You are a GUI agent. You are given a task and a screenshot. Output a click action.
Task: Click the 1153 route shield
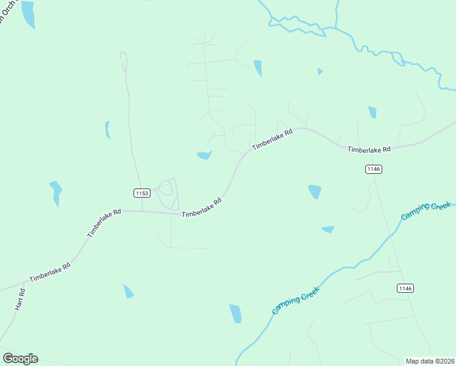point(141,193)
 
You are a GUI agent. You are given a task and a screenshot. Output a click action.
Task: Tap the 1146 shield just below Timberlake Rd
point(374,169)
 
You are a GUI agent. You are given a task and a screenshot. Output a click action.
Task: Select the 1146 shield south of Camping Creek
point(405,288)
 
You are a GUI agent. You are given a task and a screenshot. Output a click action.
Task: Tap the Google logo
point(20,358)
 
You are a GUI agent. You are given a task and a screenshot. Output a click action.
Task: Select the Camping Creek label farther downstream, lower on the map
point(296,300)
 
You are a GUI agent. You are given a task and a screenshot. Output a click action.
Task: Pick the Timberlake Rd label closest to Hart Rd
point(50,271)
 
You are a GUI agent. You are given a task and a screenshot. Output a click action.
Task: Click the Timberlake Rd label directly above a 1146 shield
point(369,149)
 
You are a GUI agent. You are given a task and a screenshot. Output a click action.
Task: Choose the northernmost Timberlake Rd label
point(273,138)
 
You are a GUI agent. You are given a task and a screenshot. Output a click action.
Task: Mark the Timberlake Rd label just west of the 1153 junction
point(104,223)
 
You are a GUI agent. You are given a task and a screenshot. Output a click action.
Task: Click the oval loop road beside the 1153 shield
point(166,195)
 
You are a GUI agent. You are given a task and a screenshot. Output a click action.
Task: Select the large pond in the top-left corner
point(27,15)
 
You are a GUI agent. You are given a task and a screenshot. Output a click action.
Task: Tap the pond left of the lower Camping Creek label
point(235,314)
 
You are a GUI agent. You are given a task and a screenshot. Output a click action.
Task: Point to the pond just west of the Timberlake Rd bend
point(204,156)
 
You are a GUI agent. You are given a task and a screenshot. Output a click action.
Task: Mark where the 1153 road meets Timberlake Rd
point(142,212)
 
